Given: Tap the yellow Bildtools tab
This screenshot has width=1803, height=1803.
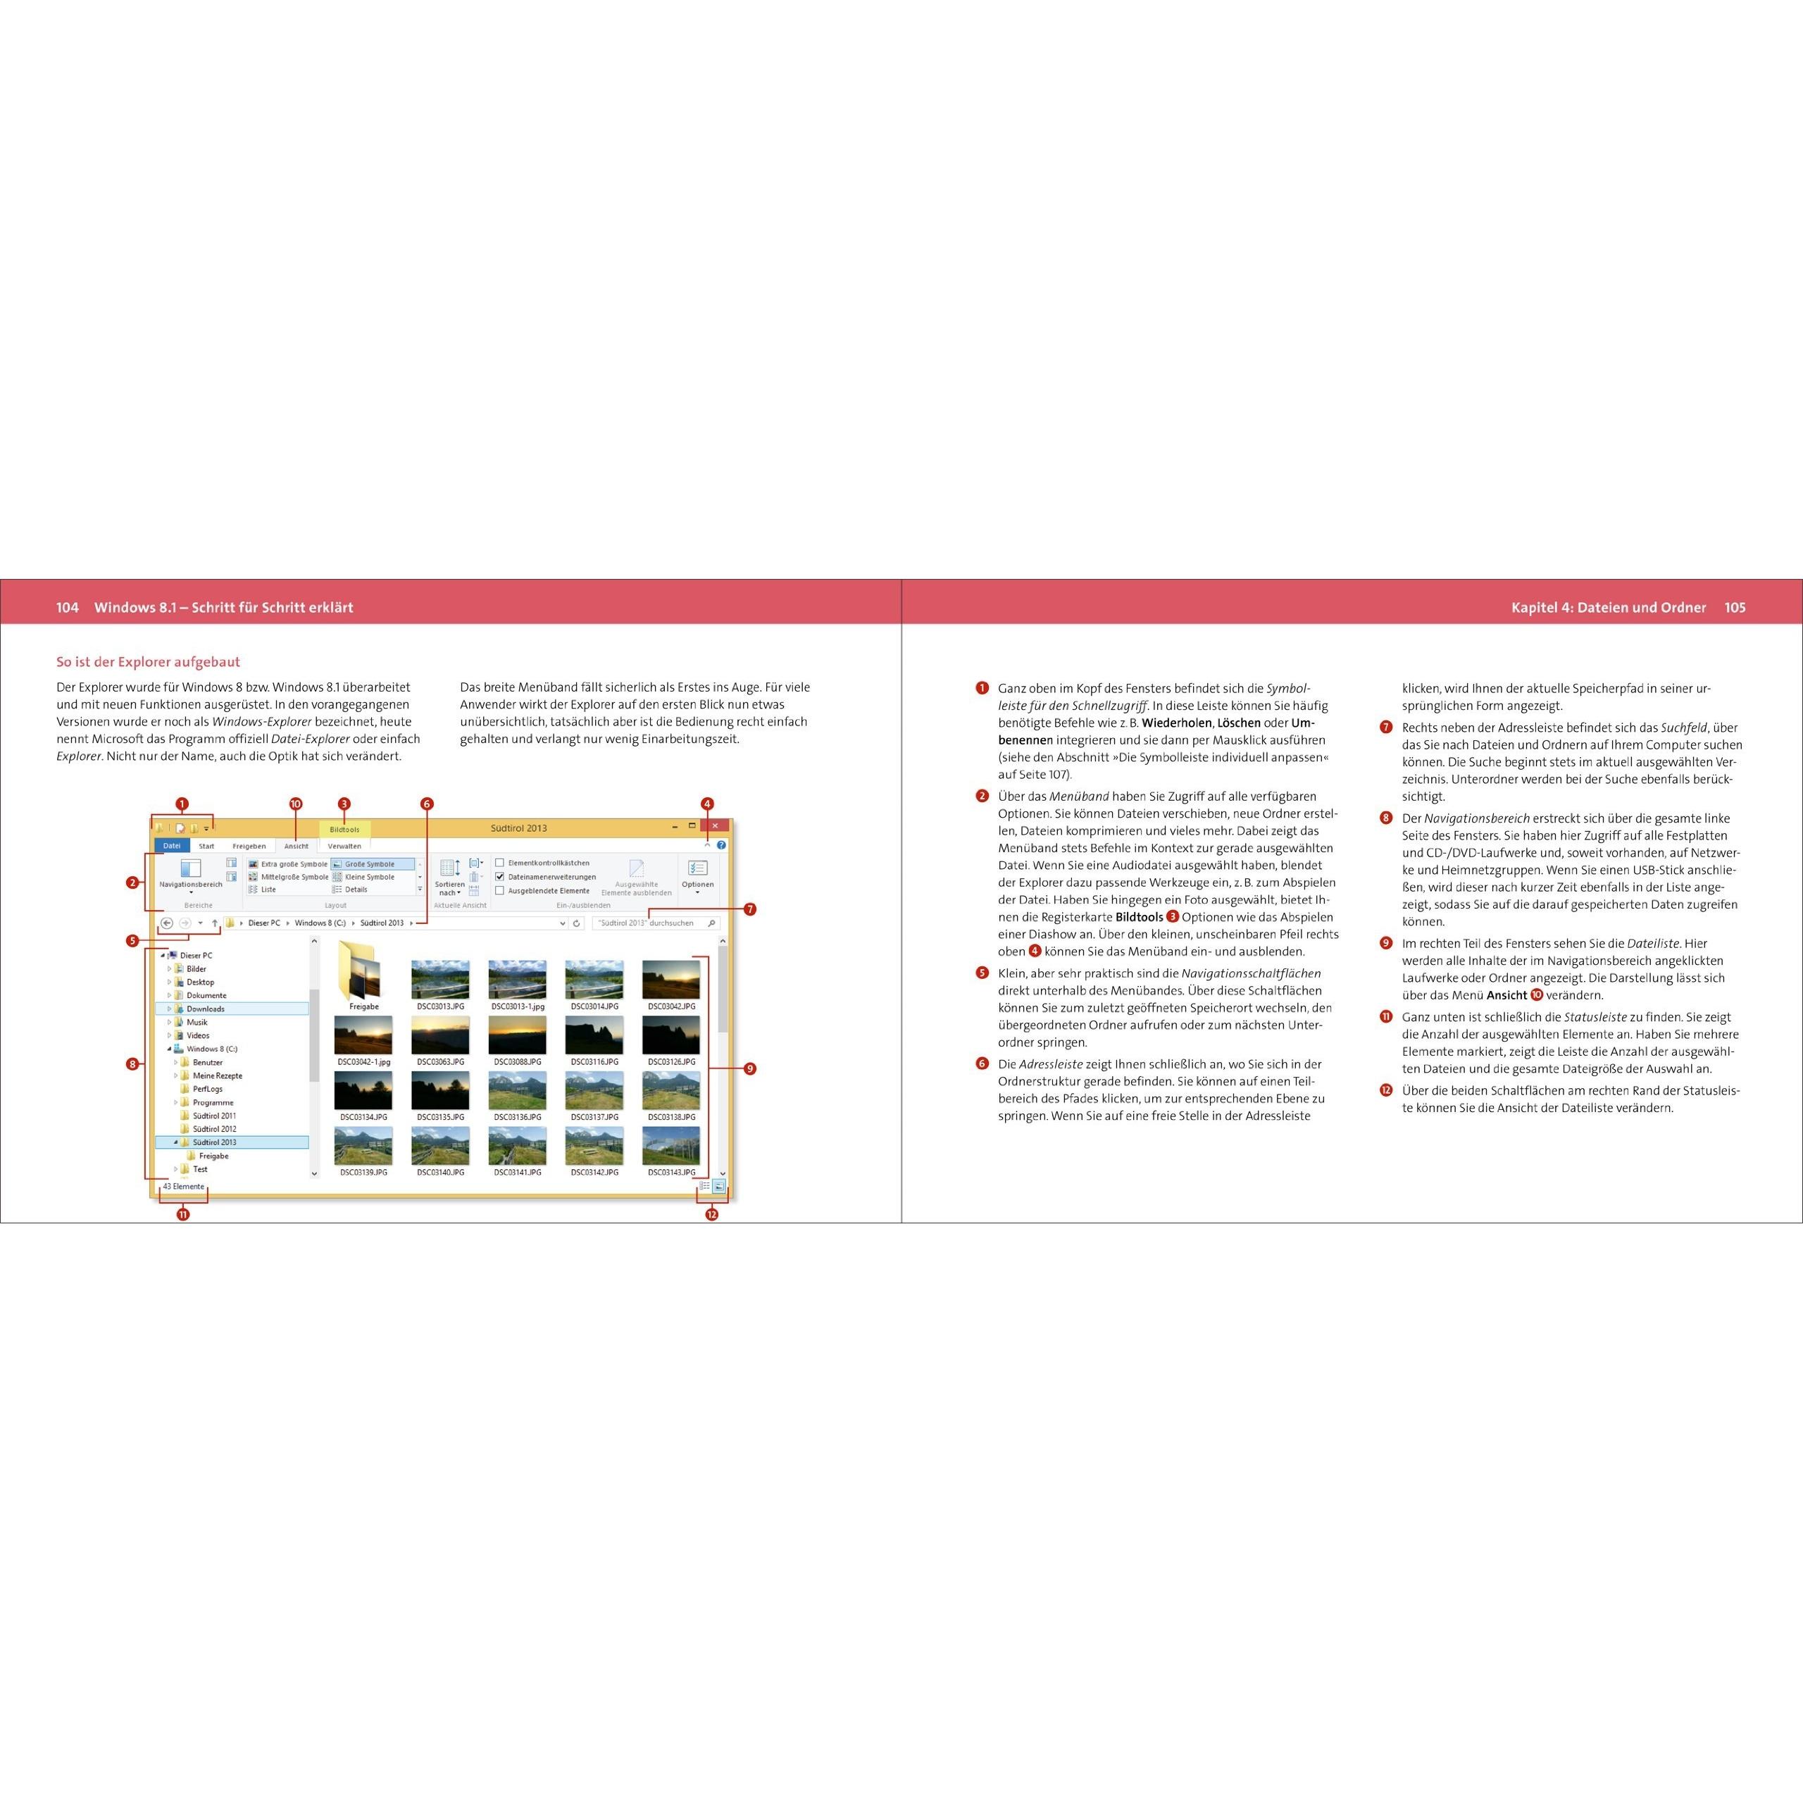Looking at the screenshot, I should pyautogui.click(x=344, y=830).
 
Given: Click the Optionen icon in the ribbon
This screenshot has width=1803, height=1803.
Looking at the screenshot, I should pyautogui.click(x=697, y=870).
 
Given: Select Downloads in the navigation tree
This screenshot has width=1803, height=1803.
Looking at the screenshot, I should pyautogui.click(x=206, y=1009).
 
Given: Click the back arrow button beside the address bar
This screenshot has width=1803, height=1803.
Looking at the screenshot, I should pyautogui.click(x=167, y=923).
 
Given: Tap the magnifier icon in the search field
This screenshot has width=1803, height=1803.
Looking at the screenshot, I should pyautogui.click(x=712, y=923).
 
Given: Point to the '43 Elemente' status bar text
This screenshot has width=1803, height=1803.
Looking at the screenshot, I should pyautogui.click(x=183, y=1187).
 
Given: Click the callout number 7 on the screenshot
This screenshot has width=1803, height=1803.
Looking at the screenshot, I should pyautogui.click(x=750, y=909).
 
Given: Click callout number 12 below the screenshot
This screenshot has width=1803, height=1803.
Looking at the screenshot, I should pyautogui.click(x=712, y=1214).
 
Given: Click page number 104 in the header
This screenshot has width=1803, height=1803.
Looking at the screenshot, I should pyautogui.click(x=67, y=608).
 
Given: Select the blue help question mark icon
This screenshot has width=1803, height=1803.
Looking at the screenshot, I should pyautogui.click(x=721, y=845).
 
